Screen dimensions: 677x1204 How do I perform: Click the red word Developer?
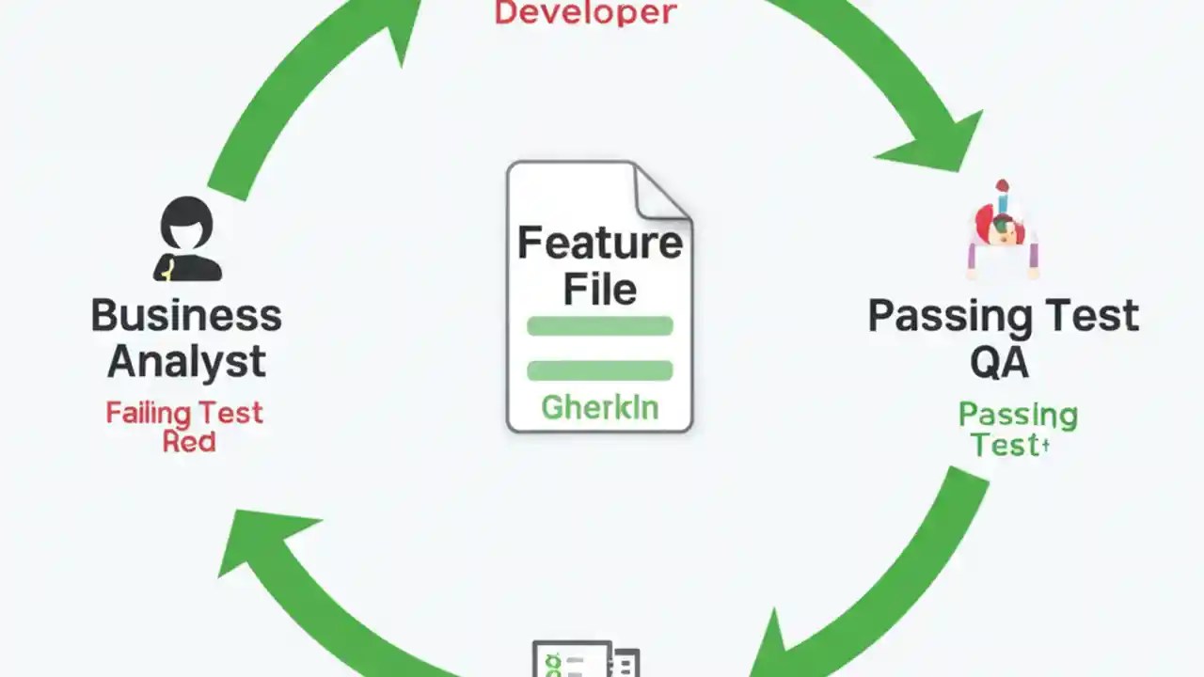pos(585,12)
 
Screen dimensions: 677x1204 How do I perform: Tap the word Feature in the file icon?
pos(600,243)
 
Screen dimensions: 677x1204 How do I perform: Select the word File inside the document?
pos(600,289)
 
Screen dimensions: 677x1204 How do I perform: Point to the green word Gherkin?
pos(600,407)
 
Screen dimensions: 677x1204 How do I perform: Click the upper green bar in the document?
pos(600,326)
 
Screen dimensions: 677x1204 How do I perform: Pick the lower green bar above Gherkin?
pos(600,370)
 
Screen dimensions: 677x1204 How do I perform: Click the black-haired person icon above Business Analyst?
pos(187,240)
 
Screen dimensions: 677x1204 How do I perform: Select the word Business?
pos(186,315)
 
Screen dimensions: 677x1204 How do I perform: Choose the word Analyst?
pos(186,362)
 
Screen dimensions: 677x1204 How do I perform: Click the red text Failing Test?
pos(184,413)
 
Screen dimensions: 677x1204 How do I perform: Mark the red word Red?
pos(188,442)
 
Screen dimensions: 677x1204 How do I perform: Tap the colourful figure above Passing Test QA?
pos(1003,229)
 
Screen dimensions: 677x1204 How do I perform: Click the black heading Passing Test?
pos(1003,316)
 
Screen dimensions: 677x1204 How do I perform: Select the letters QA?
pos(999,362)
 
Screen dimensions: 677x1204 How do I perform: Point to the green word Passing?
pos(1018,415)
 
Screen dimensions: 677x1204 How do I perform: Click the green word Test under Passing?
pos(1005,445)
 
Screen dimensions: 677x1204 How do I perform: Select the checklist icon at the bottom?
pos(585,659)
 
